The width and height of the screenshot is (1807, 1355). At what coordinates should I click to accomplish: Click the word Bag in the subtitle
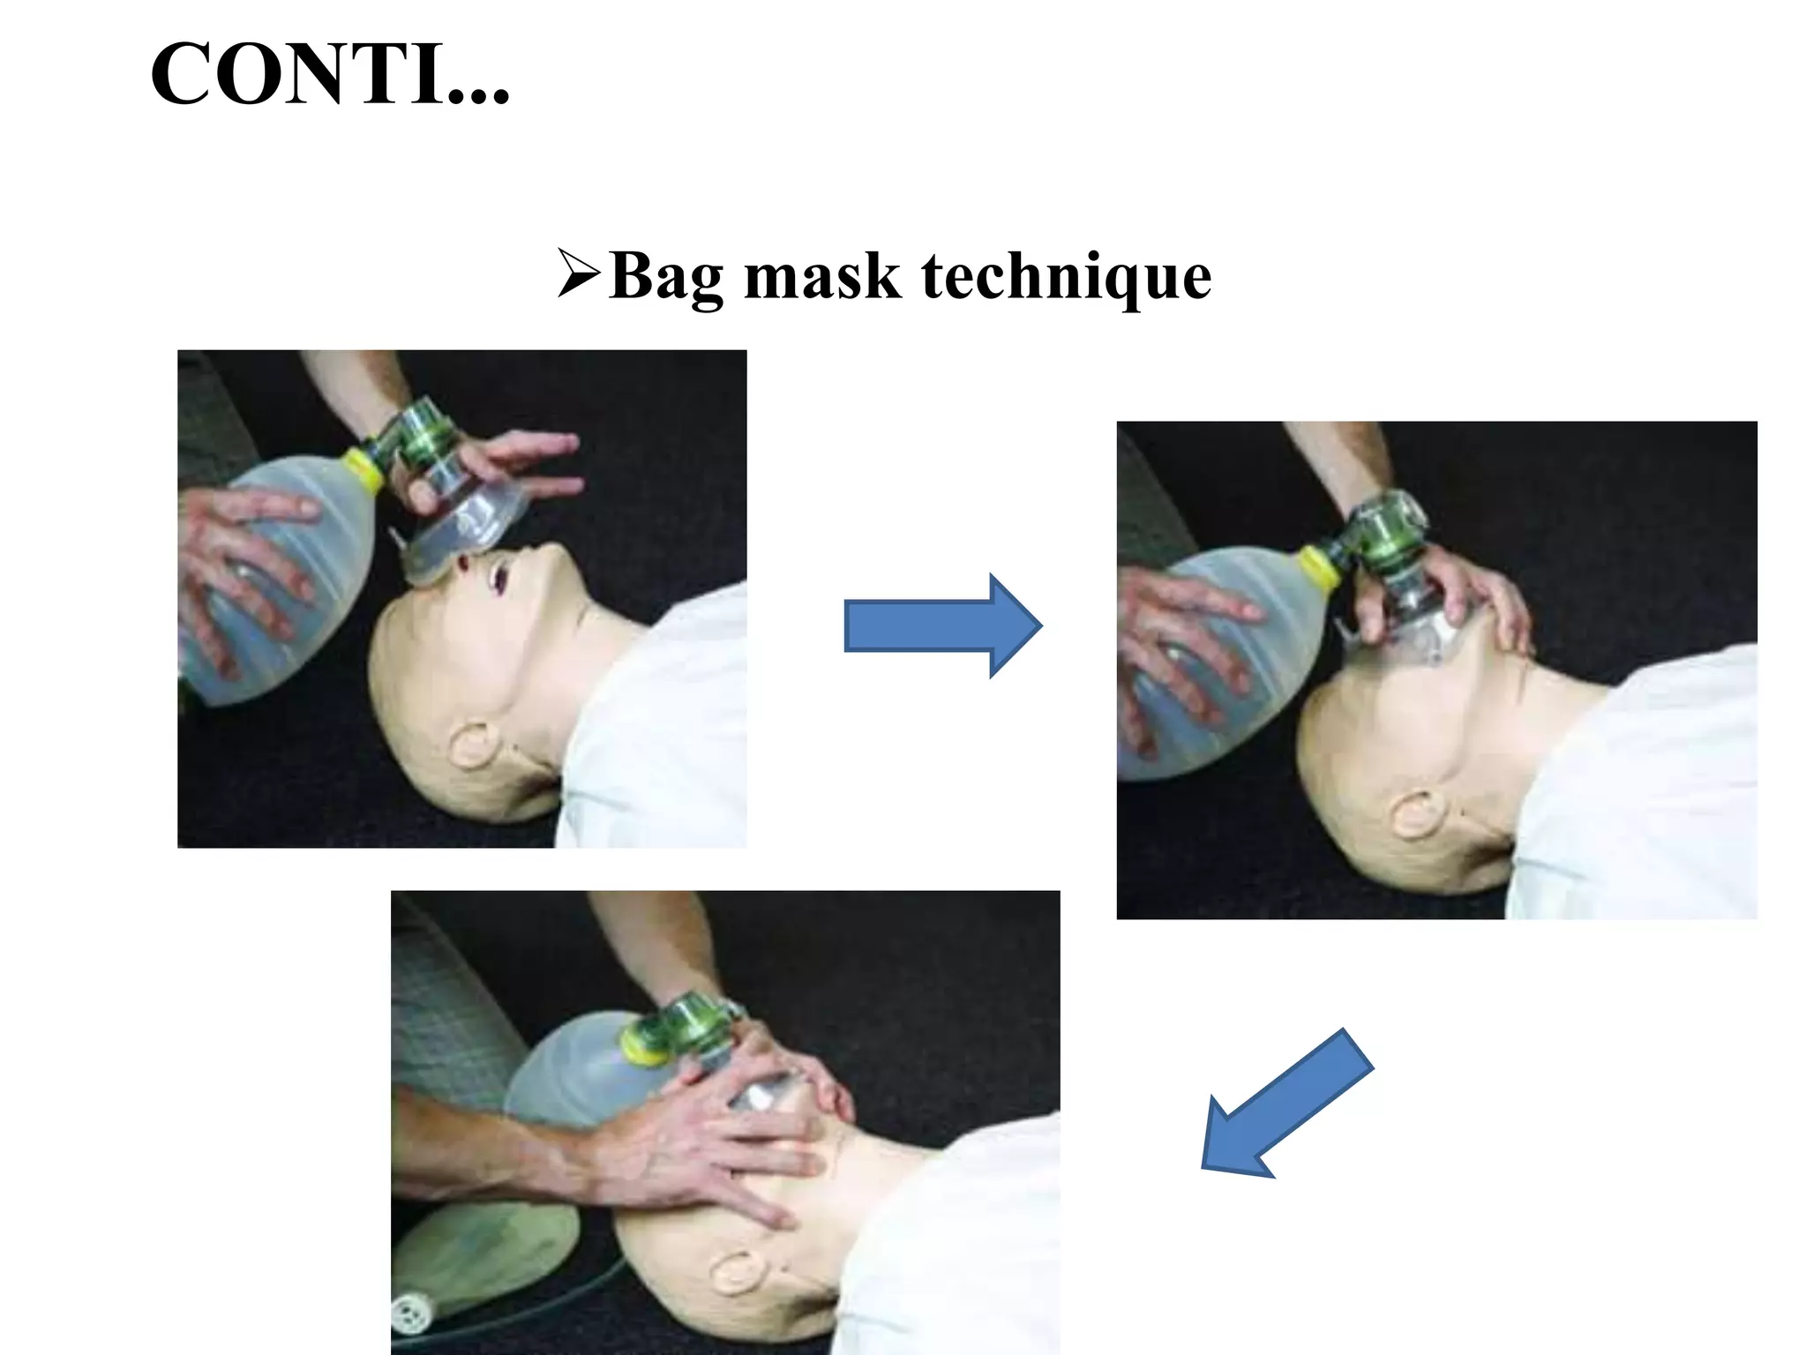[666, 277]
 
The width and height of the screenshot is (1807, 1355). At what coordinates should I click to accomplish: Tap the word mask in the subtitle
[822, 277]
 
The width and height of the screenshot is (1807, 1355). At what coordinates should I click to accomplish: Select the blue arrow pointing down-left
[1285, 1106]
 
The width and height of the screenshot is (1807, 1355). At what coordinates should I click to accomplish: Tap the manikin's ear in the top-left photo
[469, 746]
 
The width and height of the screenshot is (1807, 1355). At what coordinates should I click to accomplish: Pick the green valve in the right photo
[1381, 538]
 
